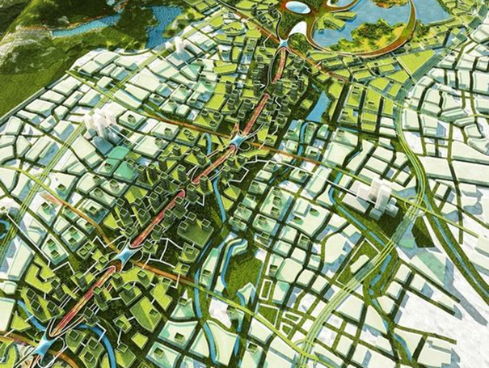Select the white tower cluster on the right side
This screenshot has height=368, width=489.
coord(376,197)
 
